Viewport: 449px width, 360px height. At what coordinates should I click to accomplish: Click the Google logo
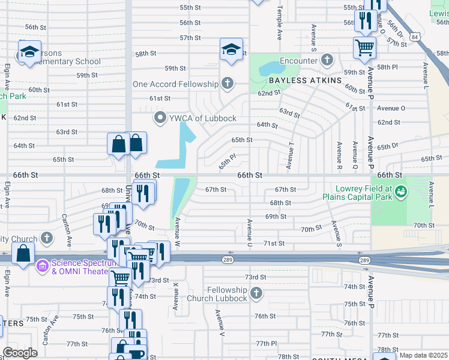(x=19, y=353)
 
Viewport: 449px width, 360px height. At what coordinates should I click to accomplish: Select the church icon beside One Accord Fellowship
(x=227, y=83)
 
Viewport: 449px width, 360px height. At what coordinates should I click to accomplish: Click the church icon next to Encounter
(x=327, y=60)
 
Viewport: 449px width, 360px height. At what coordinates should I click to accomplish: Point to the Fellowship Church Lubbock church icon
(x=256, y=293)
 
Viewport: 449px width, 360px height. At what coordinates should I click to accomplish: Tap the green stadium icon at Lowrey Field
(x=401, y=192)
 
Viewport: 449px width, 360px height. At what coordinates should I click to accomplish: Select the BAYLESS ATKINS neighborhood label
(x=305, y=80)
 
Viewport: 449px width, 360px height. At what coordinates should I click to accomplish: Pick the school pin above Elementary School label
(x=29, y=52)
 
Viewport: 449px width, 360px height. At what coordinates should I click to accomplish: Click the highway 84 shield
(x=415, y=37)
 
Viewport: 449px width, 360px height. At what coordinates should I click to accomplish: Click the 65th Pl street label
(x=228, y=160)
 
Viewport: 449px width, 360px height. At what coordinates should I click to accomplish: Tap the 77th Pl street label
(x=266, y=343)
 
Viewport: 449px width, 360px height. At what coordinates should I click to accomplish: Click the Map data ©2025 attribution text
(x=423, y=355)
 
